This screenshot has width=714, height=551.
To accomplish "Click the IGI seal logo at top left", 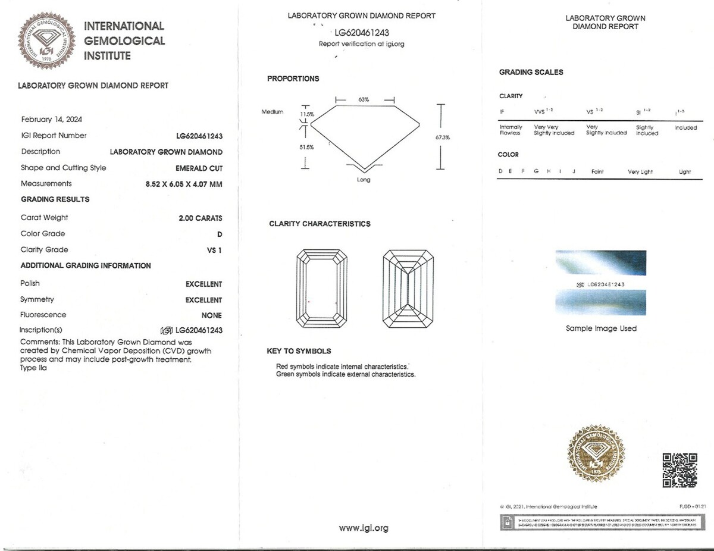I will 47,40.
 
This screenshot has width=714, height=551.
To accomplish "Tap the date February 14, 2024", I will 52,119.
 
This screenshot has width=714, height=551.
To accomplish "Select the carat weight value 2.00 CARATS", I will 201,218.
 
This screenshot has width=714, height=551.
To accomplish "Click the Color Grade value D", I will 220,234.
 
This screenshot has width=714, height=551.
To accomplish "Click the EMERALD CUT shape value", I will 199,168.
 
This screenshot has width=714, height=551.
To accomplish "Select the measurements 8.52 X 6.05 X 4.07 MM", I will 184,184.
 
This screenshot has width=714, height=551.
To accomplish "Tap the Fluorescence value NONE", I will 212,315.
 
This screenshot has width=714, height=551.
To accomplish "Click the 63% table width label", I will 364,99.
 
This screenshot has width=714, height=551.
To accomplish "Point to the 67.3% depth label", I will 443,137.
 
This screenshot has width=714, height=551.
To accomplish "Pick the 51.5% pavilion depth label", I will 306,147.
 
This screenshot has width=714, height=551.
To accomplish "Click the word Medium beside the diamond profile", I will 273,112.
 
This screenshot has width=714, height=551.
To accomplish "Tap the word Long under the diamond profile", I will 364,180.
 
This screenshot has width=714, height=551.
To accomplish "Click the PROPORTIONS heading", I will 293,79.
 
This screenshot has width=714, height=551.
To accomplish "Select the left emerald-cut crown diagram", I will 321,287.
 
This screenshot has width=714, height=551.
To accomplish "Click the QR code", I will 679,470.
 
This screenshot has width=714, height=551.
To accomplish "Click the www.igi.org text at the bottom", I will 364,528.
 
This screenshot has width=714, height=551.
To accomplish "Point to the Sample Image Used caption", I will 601,328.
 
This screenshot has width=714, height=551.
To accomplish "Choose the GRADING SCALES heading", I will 531,72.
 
